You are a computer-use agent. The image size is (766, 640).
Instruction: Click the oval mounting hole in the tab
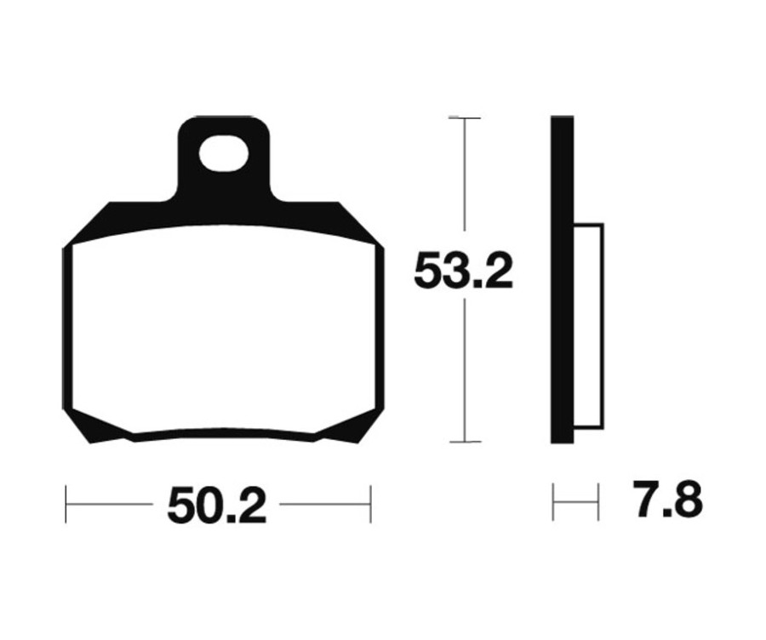point(224,156)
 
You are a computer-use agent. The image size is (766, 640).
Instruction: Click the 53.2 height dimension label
point(463,272)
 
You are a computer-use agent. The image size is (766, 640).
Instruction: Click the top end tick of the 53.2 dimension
point(464,117)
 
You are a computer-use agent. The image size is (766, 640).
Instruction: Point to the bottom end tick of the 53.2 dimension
point(464,442)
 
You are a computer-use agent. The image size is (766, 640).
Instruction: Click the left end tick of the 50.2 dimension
point(66,504)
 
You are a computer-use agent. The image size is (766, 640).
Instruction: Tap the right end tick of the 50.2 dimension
point(370,504)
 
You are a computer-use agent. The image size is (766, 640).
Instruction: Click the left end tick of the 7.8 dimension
point(554,502)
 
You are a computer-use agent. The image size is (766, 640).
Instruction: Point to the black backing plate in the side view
point(561,281)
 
